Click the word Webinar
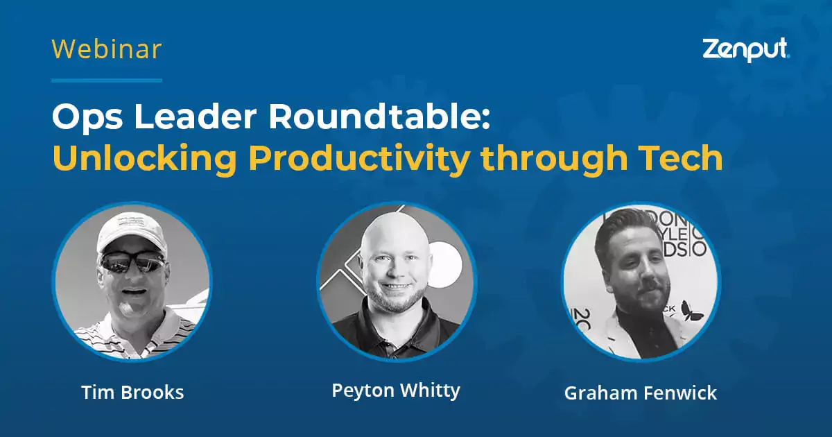[107, 49]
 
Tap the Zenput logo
[746, 50]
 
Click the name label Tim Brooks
[132, 392]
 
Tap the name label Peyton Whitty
[395, 390]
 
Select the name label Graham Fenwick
[640, 393]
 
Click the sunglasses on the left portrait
[132, 263]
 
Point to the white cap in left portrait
[132, 232]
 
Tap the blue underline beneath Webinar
[107, 80]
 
